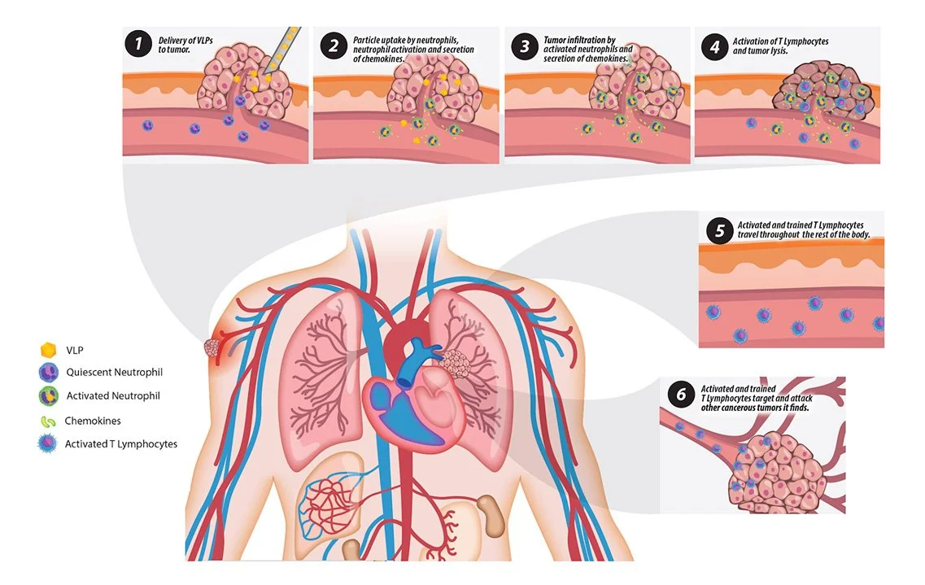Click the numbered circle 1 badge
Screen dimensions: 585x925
[139, 43]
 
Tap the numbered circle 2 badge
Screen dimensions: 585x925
[333, 45]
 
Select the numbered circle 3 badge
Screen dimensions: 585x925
[523, 45]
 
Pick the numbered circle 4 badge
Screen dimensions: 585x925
[713, 46]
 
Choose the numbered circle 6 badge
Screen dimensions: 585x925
[680, 395]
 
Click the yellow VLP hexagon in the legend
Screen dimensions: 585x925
[49, 350]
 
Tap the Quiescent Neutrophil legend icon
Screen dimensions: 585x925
[49, 373]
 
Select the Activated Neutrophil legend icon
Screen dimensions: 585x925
[49, 396]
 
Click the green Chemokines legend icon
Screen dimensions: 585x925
[48, 421]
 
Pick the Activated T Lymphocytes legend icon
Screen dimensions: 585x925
[49, 444]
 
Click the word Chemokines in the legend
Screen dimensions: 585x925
[93, 421]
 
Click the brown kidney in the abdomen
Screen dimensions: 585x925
[490, 514]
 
